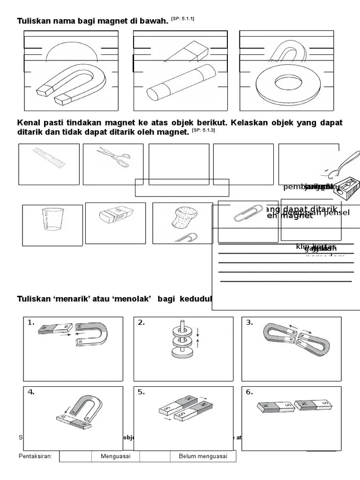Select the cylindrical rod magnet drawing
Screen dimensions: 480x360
click(x=180, y=84)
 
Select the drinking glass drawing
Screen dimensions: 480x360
click(x=52, y=219)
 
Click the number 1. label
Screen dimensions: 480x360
click(x=31, y=322)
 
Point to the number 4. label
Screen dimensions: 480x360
click(x=31, y=392)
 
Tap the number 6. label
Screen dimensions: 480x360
click(x=249, y=392)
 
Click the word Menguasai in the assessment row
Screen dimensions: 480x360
click(x=115, y=457)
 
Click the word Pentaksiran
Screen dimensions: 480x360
click(x=35, y=457)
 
